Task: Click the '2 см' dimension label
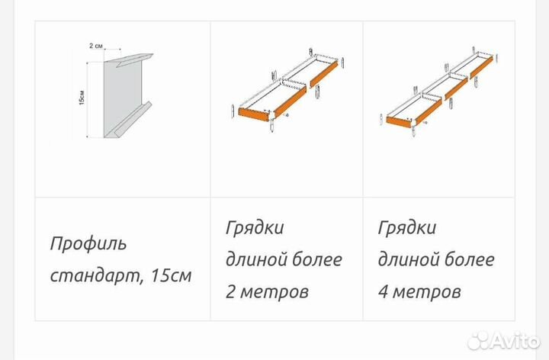(x=95, y=47)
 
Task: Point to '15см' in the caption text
(x=170, y=275)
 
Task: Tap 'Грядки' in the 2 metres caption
(x=255, y=228)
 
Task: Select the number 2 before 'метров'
(x=230, y=291)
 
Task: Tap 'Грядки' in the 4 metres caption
(x=407, y=228)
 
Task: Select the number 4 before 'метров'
(x=383, y=291)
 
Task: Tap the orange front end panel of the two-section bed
(x=255, y=113)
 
